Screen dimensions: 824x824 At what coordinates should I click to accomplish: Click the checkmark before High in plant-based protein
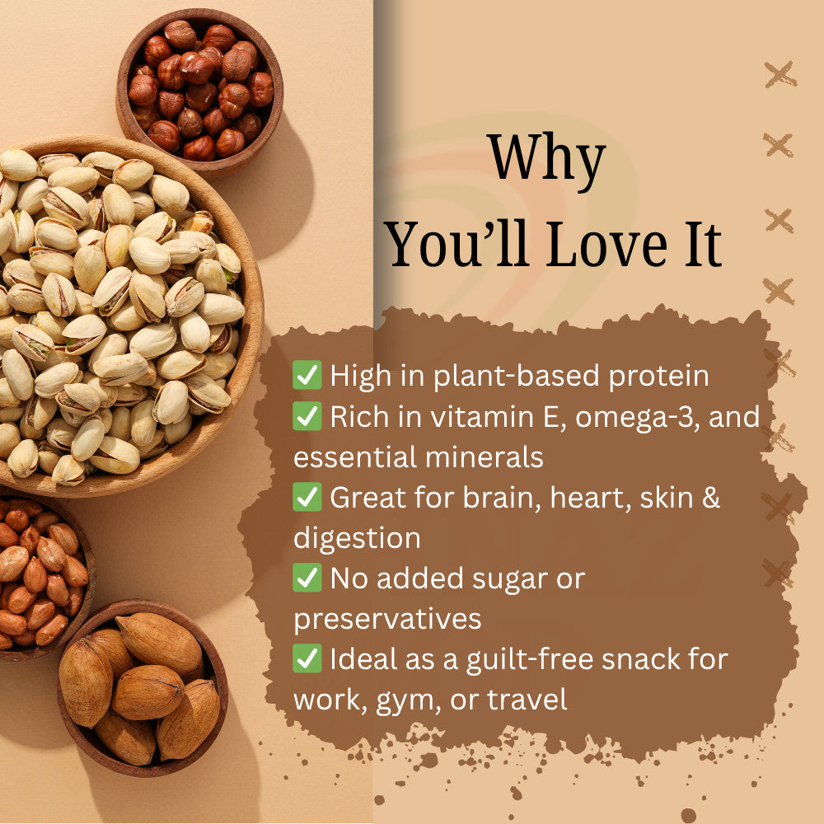(x=307, y=376)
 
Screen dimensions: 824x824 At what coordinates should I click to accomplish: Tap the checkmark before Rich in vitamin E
(x=307, y=416)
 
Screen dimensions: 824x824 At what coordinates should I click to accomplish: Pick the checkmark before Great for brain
(x=307, y=498)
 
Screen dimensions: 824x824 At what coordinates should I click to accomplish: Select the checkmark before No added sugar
(x=307, y=578)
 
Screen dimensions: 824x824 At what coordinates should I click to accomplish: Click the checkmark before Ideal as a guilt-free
(x=307, y=659)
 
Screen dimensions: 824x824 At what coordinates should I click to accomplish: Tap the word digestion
(x=357, y=539)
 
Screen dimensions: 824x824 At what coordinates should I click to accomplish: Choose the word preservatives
(x=387, y=620)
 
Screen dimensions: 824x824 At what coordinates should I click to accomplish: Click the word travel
(x=527, y=700)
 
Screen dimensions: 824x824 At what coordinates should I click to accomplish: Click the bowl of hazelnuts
(x=199, y=87)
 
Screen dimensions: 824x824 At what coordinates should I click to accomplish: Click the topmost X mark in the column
(x=780, y=74)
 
